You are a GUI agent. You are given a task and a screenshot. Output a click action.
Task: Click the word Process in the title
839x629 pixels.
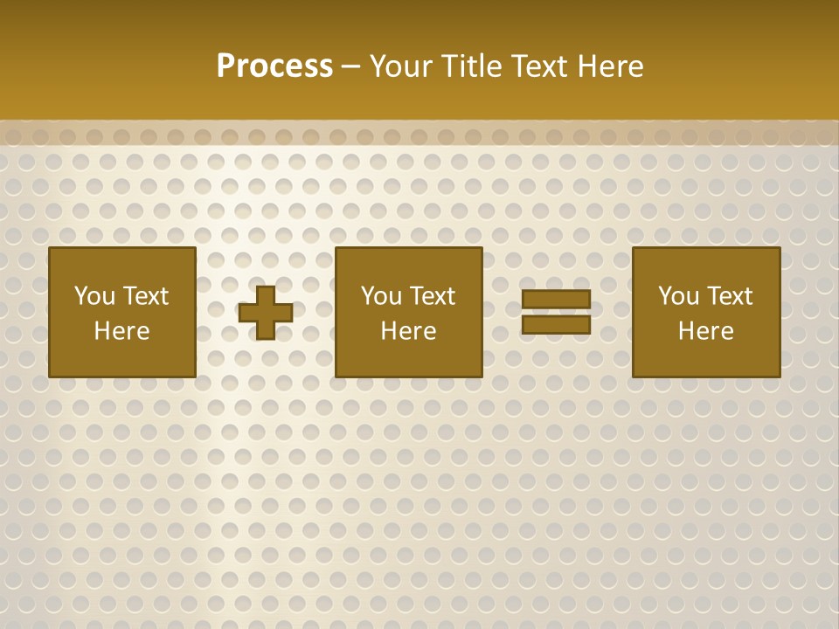pos(274,66)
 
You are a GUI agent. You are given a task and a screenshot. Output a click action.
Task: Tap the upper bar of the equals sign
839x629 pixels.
pos(556,300)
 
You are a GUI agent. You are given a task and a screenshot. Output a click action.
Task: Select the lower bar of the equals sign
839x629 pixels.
pos(556,324)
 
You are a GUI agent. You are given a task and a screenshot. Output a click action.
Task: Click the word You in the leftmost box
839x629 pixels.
pos(94,296)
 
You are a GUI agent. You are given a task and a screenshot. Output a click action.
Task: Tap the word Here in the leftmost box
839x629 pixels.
pos(121,331)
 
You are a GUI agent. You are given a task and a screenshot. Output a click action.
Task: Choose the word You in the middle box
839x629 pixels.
pos(380,296)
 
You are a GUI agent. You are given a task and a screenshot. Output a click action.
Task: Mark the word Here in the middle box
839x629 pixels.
pos(408,331)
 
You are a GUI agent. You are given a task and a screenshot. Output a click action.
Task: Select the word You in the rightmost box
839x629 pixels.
pos(677,296)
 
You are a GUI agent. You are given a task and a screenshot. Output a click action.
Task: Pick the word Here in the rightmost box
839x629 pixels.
pos(705,331)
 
